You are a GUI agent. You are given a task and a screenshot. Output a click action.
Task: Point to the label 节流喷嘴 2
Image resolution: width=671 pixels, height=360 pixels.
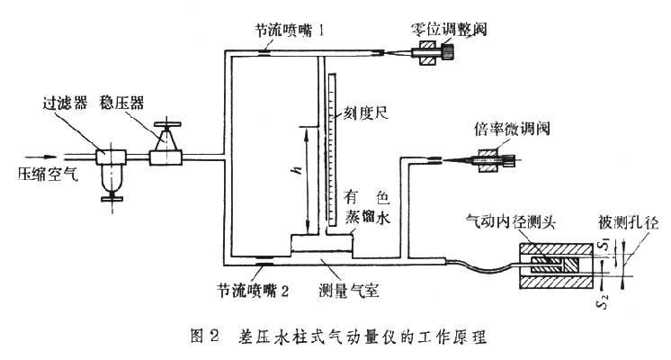(x=253, y=291)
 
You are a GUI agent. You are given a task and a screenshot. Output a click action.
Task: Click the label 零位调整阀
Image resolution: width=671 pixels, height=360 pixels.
(x=447, y=27)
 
